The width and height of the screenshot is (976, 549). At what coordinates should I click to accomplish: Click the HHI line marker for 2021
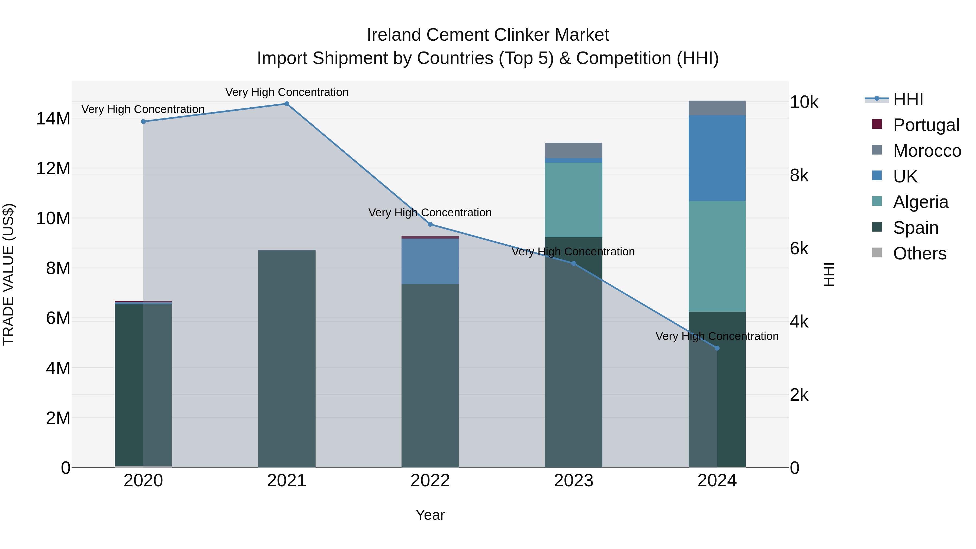287,104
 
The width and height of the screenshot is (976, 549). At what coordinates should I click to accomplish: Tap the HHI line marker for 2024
717,348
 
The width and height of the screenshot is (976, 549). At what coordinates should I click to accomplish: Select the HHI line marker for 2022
430,224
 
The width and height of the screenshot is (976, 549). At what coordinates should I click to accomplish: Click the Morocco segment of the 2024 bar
717,108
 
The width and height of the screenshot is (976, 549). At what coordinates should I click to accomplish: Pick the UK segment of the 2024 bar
717,158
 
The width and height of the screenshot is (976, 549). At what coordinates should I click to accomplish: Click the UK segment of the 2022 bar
430,261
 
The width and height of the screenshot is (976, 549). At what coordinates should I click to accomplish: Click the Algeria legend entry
920,202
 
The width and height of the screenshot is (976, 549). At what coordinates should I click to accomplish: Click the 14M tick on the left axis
53,118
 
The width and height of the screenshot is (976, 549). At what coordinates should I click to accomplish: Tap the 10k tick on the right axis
804,102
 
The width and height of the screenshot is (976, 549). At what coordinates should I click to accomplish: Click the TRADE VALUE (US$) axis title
8,274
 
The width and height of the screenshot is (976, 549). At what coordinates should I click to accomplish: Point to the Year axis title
430,515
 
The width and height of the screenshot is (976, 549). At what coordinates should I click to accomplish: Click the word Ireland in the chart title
394,35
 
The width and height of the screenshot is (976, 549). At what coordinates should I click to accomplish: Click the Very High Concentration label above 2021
287,92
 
